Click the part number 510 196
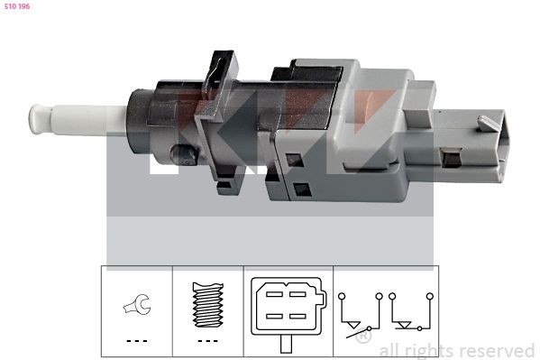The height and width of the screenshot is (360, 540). [x=17, y=6]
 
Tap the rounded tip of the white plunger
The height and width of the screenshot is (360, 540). [x=35, y=119]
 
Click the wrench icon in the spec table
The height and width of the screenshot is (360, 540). [x=137, y=304]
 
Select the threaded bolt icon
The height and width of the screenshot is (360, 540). [x=208, y=305]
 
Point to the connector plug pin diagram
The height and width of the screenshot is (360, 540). [x=288, y=306]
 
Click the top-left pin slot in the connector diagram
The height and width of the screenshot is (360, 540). [x=274, y=294]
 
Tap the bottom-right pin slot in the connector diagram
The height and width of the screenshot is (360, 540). [x=297, y=316]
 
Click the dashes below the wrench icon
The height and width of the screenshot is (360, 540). [x=137, y=341]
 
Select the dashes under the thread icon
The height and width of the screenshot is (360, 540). [x=207, y=341]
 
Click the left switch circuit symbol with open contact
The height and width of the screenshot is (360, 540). [x=361, y=315]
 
